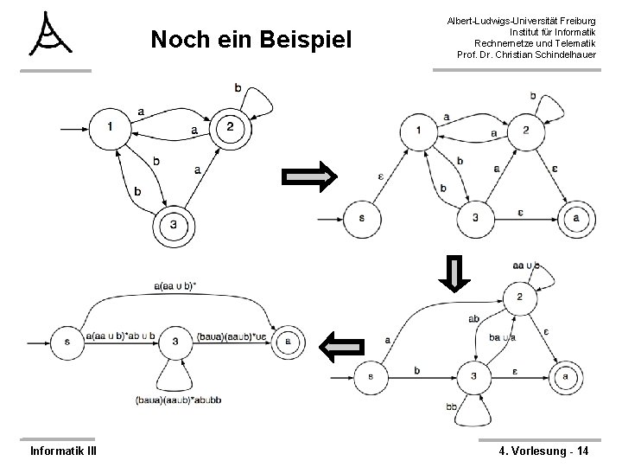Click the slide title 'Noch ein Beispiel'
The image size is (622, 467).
pos(251,40)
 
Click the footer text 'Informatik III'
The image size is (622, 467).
pos(63,450)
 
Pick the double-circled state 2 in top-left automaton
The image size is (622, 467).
pos(230,128)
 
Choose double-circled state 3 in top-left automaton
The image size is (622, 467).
pos(173,226)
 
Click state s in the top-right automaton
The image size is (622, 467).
pos(361,217)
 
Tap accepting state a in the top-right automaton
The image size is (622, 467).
pos(576,217)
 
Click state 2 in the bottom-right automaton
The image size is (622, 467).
pos(519,297)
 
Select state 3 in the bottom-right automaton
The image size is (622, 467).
pos(473,374)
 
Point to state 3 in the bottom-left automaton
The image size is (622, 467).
pos(175,341)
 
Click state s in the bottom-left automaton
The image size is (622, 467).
pos(67,341)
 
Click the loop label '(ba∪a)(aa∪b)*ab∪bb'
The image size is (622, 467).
pos(179,400)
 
